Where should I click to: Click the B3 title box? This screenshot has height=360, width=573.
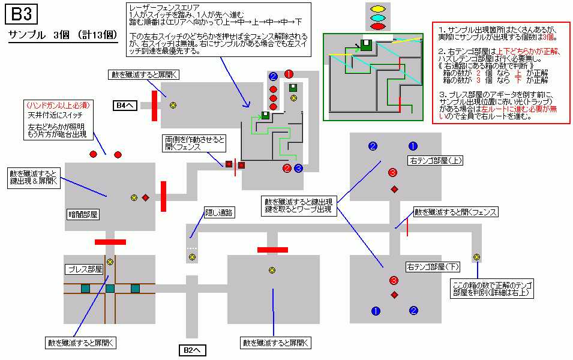(x=21, y=14)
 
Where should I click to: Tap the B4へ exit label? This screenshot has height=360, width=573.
(x=125, y=106)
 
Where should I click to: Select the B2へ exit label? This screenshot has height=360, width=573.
(x=192, y=350)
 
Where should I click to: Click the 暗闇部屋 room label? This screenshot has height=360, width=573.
(x=83, y=214)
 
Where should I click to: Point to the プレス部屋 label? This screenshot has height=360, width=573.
(x=85, y=270)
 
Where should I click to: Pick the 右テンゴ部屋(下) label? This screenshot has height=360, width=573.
(x=433, y=267)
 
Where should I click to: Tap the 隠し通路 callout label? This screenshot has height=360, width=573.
(x=219, y=213)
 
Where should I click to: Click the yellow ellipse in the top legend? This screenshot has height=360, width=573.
(x=377, y=8)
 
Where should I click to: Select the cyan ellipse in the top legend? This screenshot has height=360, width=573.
(x=377, y=17)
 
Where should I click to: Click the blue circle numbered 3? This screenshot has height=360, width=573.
(x=299, y=168)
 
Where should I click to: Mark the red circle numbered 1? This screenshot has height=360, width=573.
(x=289, y=74)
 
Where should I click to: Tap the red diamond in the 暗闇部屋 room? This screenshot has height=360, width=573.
(x=145, y=198)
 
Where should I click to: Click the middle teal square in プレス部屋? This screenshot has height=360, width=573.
(x=110, y=289)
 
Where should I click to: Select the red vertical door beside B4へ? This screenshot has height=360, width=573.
(x=155, y=106)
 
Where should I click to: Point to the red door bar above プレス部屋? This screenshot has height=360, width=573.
(x=110, y=242)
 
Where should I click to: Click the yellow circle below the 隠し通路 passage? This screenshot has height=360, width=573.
(x=192, y=257)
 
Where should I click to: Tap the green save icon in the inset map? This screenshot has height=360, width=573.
(x=366, y=45)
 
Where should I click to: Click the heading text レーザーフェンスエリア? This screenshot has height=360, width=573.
(x=164, y=7)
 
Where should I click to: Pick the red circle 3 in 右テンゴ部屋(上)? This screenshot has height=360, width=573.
(x=392, y=172)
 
